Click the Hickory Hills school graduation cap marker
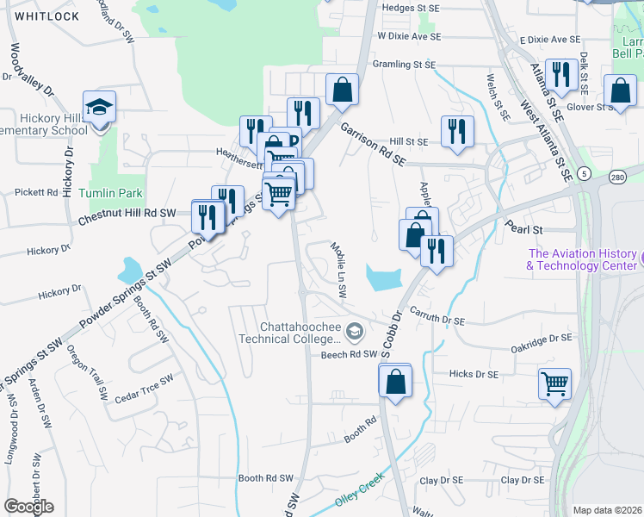[x=100, y=109]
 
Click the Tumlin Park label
[x=110, y=193]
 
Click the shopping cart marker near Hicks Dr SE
[x=554, y=383]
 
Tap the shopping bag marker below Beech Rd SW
[x=394, y=381]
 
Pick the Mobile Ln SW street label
[x=338, y=270]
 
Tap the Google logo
[x=28, y=506]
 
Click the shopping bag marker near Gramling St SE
[x=342, y=90]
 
